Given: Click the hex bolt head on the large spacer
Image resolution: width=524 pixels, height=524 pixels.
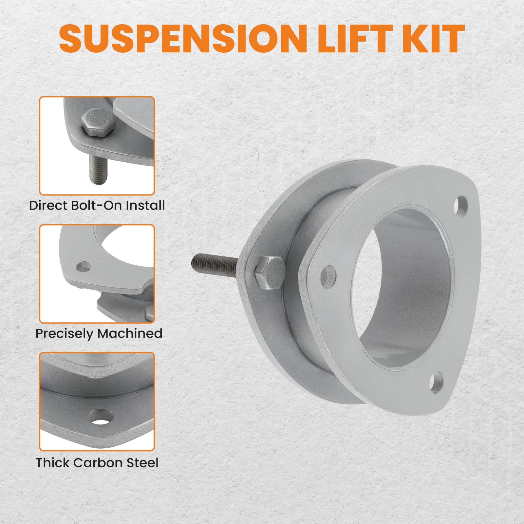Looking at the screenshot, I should click(270, 272).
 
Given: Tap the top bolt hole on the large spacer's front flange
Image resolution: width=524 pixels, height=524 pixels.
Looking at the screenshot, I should click(461, 207).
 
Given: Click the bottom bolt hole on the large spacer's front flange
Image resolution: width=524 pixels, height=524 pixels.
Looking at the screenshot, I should click(436, 383).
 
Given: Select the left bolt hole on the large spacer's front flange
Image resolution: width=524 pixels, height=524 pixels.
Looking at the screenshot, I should click(328, 277).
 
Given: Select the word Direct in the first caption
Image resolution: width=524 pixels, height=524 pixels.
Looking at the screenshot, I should click(48, 206).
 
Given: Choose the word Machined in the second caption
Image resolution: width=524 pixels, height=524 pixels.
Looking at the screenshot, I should click(130, 333).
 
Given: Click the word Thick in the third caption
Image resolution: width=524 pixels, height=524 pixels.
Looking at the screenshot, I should click(53, 463).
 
